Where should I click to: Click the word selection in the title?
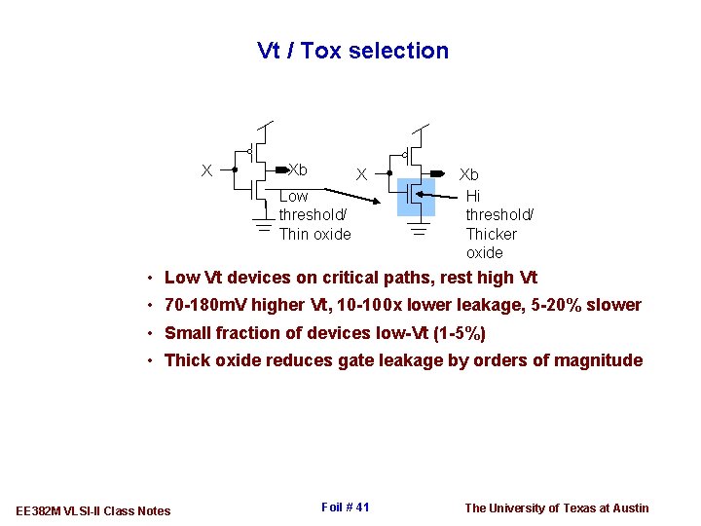click(402, 51)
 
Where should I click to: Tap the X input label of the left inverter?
click(205, 170)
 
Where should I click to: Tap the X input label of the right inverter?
click(360, 175)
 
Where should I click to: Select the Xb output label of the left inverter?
click(298, 169)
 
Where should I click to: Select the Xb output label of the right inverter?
click(469, 175)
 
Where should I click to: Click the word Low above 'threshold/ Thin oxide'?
click(293, 196)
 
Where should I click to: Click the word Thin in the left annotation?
click(294, 234)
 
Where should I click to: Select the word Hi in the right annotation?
click(473, 196)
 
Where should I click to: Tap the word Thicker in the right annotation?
click(492, 234)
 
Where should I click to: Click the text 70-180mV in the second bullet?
click(205, 305)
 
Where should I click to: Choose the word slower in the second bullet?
click(613, 305)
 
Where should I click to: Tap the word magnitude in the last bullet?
click(598, 360)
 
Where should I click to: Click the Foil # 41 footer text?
click(345, 507)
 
